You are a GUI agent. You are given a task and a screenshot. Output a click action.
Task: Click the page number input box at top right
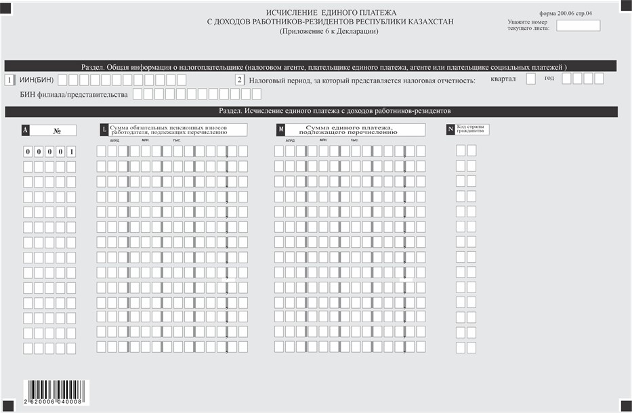tap(578, 26)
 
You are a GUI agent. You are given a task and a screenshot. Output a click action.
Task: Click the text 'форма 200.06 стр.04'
tap(566, 13)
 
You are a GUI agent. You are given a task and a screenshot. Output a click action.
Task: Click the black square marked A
tap(26, 129)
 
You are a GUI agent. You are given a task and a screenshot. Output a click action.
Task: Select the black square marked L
tap(103, 129)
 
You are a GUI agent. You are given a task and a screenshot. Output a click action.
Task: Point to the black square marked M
tap(280, 129)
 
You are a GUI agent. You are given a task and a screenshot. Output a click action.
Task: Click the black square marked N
tap(450, 129)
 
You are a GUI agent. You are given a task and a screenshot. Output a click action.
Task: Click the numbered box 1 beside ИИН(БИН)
tap(9, 80)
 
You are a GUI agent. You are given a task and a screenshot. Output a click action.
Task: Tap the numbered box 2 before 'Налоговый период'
tap(239, 80)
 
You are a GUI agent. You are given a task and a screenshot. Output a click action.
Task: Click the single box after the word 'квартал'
tap(531, 79)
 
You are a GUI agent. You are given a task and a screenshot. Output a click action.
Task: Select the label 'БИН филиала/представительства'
tap(74, 94)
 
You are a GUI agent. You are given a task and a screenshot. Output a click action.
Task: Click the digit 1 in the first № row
tap(71, 151)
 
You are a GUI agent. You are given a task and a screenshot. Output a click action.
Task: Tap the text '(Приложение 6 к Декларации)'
tap(330, 31)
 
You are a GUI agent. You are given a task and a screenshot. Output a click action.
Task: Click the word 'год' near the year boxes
tap(549, 78)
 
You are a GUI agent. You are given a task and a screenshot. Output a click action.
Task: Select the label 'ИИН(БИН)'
tap(37, 81)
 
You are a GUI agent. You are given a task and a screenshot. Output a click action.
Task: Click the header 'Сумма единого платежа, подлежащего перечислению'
tap(355, 129)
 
